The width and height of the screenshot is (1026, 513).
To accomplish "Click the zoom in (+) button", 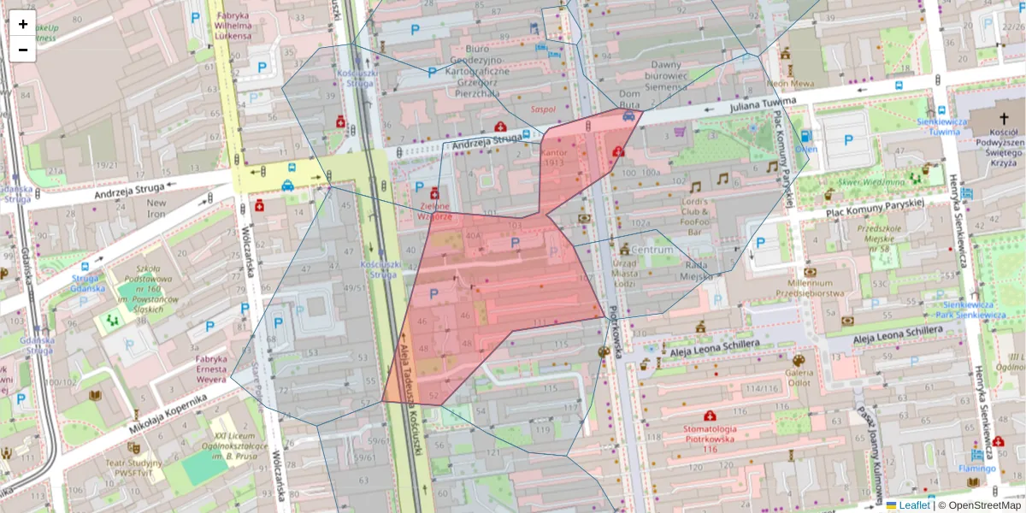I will coord(23,24).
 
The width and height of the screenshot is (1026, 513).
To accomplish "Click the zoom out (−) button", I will coord(23,50).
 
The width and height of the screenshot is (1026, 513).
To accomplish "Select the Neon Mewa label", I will coord(790,84).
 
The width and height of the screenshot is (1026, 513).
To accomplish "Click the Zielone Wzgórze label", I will coord(434,211).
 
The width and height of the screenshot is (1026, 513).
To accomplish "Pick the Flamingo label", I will coord(976,469).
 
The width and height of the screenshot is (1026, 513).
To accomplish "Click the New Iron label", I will coord(156,209).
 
